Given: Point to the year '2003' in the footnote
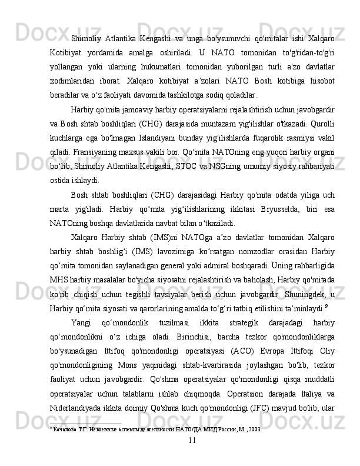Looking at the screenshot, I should click(x=253, y=445).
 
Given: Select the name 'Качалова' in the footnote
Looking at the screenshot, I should click(x=64, y=445).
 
